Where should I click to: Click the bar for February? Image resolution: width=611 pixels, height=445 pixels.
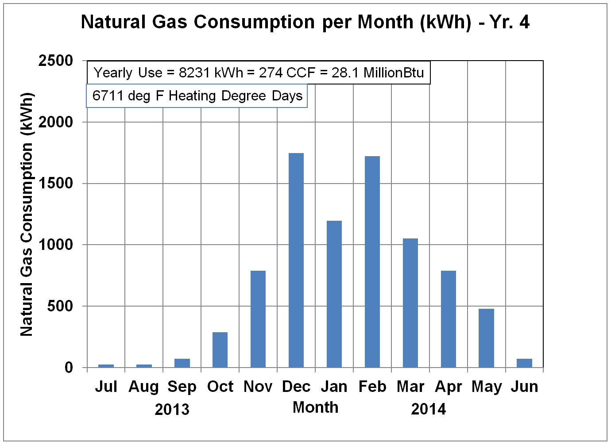pos(372,261)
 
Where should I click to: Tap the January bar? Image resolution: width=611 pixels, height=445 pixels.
pos(334,294)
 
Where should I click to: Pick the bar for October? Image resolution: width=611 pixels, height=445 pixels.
pos(220,349)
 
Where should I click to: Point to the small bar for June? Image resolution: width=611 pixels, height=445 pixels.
pos(524,363)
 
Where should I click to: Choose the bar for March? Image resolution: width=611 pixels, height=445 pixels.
pos(410,303)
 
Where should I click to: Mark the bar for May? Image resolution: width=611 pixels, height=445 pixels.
pos(486,338)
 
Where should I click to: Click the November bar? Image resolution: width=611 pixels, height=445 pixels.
pos(258,319)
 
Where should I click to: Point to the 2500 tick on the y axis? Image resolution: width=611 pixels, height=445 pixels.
pos(56,61)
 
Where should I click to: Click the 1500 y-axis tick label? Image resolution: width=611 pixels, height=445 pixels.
pos(56,183)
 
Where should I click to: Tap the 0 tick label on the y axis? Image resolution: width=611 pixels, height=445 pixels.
pos(69,367)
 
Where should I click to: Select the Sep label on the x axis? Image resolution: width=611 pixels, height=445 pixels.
pos(182,387)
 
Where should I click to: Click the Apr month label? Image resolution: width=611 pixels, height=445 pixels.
pos(448,387)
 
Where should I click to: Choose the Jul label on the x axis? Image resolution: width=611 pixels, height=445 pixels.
pos(106,387)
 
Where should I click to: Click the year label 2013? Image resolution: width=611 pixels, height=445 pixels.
pos(172,409)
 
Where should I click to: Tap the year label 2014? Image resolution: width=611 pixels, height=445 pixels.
pos(428,409)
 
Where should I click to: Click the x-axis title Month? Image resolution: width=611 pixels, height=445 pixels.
pos(315,407)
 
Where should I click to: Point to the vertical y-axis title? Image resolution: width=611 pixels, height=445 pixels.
pos(27,214)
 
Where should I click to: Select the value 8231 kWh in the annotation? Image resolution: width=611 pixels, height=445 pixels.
pos(211,73)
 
